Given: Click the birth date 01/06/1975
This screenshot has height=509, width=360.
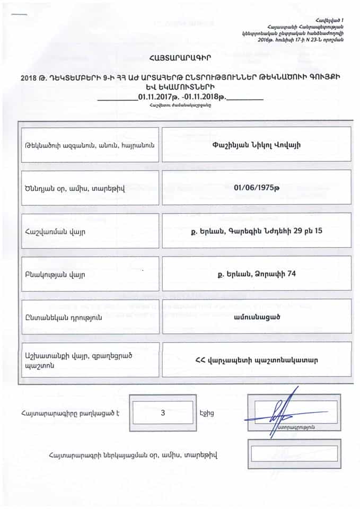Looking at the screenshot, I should [x=256, y=187].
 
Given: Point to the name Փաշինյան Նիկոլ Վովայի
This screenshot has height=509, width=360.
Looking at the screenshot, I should [x=256, y=144].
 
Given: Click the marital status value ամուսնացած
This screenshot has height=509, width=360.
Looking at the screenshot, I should [x=256, y=317].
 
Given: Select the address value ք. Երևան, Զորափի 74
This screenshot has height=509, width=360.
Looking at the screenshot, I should [x=256, y=274].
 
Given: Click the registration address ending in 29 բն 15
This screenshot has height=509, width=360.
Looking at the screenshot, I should [x=256, y=231].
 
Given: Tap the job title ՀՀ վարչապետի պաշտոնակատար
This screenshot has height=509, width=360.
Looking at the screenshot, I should [x=256, y=359].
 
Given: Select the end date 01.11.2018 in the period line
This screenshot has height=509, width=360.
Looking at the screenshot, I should [x=204, y=97].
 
